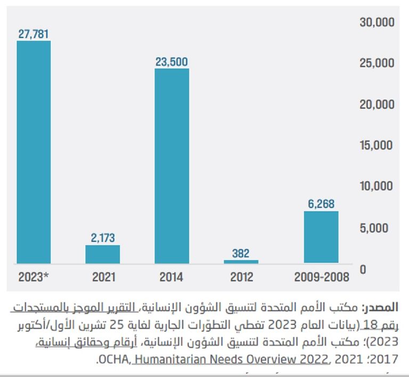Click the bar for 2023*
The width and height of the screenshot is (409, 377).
point(34,152)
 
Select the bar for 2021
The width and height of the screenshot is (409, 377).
point(103,254)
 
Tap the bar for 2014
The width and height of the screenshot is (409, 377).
point(171,166)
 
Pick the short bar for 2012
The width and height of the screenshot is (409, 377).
point(241,261)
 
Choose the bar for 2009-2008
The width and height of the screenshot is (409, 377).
point(321,237)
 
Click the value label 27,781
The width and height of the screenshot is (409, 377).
point(34,34)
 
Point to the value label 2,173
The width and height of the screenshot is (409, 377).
point(103,238)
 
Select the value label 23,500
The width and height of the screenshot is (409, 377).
point(171,62)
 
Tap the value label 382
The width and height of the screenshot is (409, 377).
point(241,253)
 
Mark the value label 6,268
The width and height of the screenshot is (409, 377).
point(321,204)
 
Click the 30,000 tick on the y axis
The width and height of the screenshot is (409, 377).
point(377,22)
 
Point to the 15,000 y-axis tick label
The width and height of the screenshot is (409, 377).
point(377,145)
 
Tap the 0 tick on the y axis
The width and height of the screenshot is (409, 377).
point(362,269)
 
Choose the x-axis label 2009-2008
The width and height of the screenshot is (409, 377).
point(321,277)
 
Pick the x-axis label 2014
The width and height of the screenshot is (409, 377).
point(171,277)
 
